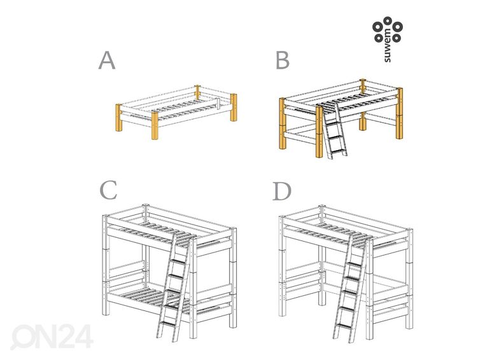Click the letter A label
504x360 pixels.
tap(107, 60)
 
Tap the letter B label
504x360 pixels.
tap(283, 60)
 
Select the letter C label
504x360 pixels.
tap(108, 191)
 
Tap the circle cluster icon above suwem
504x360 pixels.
tap(388, 29)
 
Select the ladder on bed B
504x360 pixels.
tap(333, 132)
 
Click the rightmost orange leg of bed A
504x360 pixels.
tap(233, 109)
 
